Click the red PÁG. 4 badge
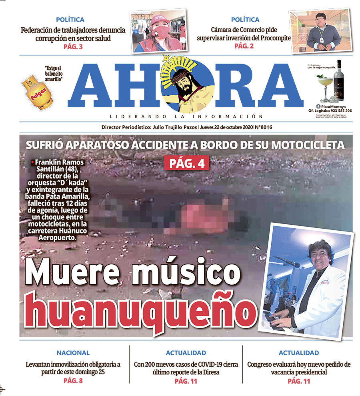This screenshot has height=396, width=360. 186,163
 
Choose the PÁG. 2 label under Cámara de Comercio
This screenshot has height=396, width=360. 244,46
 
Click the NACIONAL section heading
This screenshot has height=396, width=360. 73,353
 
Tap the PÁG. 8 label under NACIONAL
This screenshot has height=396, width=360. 73,381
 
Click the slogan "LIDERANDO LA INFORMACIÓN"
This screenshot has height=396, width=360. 186,117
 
